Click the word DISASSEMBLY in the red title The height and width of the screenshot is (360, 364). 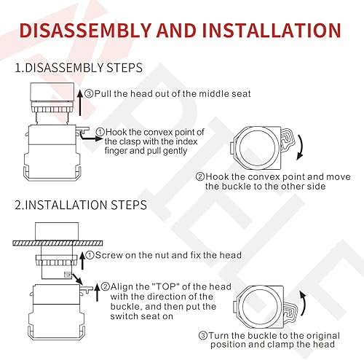92,30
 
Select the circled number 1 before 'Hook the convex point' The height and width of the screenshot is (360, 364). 99,132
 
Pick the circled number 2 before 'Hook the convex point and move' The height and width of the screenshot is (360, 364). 199,177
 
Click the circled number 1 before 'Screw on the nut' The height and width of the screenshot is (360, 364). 90,255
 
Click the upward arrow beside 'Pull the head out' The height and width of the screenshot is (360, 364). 79,94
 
